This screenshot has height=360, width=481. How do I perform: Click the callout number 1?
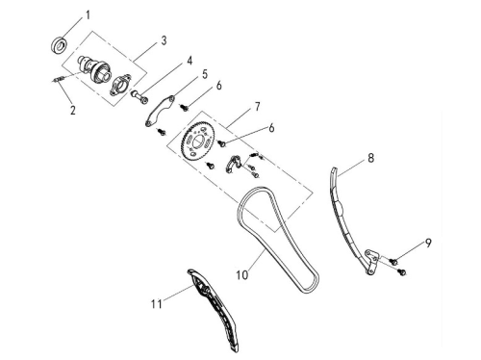88,15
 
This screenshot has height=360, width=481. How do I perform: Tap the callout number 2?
73,110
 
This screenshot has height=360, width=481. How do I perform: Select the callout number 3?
164,40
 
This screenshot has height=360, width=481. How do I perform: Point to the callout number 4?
190,61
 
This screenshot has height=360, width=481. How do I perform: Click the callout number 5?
205,74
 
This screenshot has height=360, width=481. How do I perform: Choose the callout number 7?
258,107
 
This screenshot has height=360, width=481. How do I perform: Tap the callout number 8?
370,158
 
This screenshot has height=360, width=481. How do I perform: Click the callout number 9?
428,243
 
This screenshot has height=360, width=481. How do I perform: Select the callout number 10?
242,275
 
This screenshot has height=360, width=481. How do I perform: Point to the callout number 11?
157,304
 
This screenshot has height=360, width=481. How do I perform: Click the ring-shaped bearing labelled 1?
60,45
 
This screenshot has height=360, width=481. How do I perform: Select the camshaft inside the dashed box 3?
94,68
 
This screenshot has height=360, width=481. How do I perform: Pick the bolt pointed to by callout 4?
139,97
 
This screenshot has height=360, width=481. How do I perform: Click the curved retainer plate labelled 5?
160,111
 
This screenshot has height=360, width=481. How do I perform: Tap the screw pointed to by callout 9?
393,261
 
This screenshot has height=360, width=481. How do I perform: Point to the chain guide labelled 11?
215,311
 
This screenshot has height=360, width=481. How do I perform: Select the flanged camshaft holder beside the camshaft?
121,85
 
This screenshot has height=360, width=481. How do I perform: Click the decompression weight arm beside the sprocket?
233,163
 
